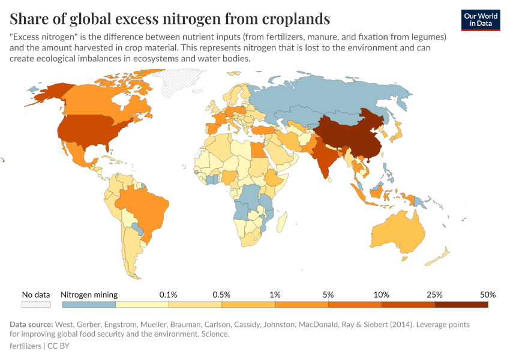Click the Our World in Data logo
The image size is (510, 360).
[x=481, y=20]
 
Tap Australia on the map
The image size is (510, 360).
[x=401, y=232]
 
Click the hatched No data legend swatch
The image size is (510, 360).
[x=35, y=305]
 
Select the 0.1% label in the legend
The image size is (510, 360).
[x=168, y=295]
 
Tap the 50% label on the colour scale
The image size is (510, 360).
[x=487, y=295]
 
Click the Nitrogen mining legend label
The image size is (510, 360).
[x=89, y=295]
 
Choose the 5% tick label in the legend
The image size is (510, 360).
[x=328, y=295]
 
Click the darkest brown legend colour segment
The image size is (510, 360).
[x=461, y=305]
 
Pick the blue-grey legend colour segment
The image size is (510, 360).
[x=88, y=305]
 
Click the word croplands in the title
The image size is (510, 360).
[x=289, y=19]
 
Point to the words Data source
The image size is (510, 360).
[x=31, y=325]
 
